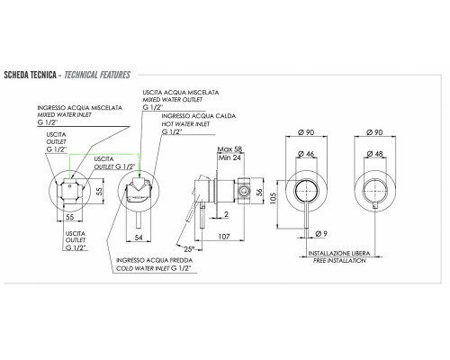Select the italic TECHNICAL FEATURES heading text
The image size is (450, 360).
(97, 74)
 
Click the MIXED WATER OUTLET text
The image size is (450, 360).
(175, 100)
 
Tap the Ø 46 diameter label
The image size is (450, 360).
(305, 156)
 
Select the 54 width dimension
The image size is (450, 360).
(138, 237)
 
